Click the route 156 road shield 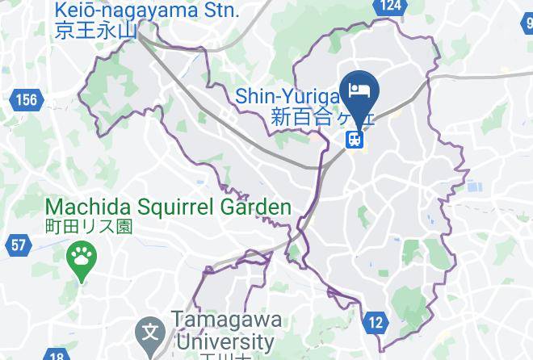pyautogui.click(x=26, y=100)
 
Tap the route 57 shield pyautogui.click(x=19, y=244)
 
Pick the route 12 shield pyautogui.click(x=375, y=323)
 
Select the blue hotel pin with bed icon pyautogui.click(x=357, y=90)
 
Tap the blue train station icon pyautogui.click(x=355, y=139)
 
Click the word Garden pyautogui.click(x=256, y=207)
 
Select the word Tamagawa pyautogui.click(x=225, y=320)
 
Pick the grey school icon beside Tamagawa pyautogui.click(x=149, y=331)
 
